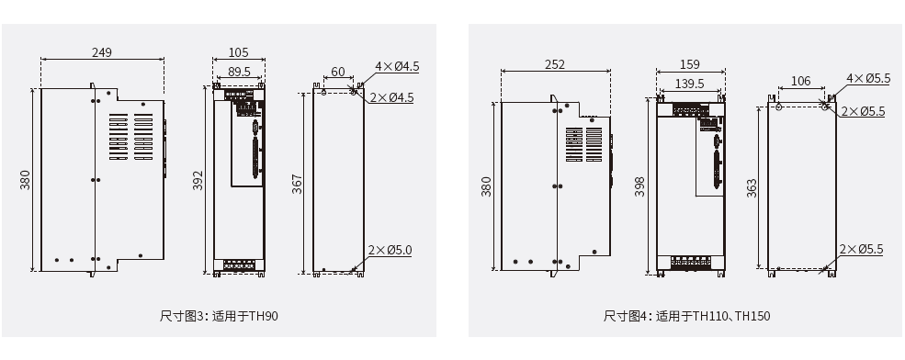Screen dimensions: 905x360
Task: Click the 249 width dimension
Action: click(102, 52)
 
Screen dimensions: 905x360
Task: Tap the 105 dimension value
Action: click(238, 52)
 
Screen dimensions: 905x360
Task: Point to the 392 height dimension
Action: click(198, 180)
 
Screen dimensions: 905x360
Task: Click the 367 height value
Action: click(298, 184)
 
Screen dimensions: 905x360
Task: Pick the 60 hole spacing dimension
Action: click(337, 73)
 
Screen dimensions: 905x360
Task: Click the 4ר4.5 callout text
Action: click(397, 66)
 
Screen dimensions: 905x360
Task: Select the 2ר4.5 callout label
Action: click(392, 97)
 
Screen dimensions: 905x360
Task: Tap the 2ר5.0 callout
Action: click(390, 250)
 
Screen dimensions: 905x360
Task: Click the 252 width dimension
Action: click(555, 64)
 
